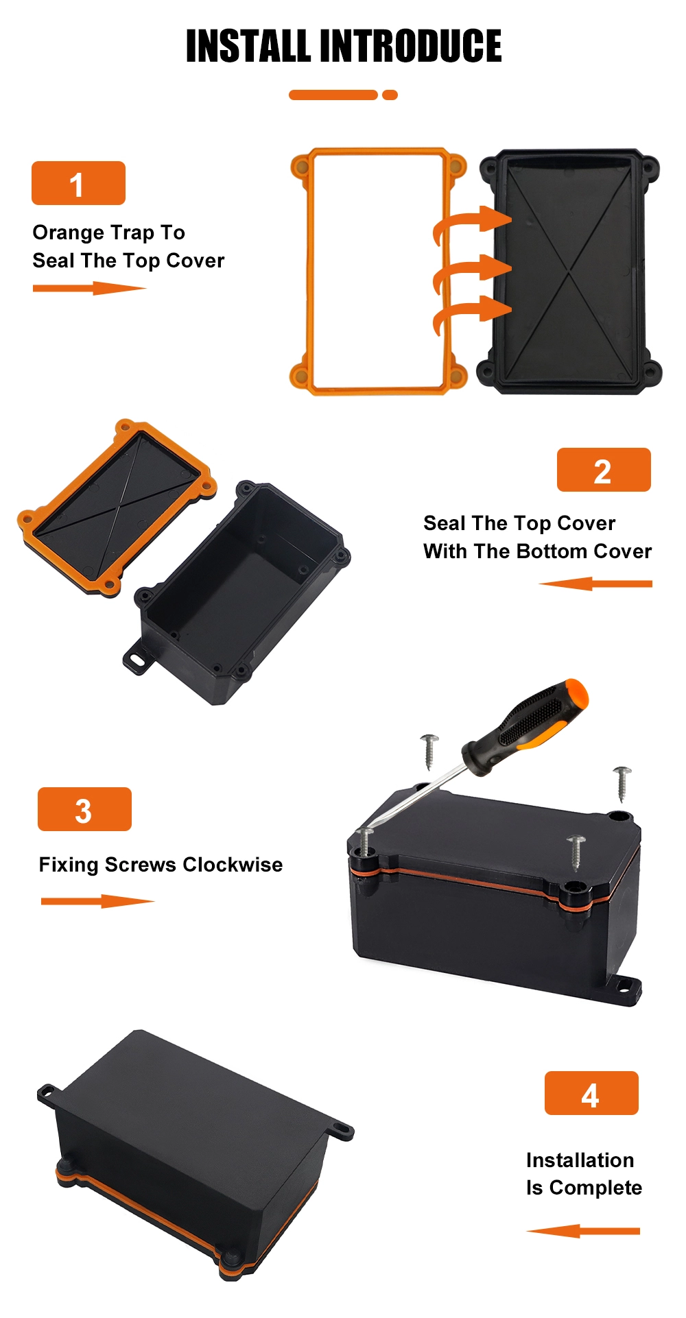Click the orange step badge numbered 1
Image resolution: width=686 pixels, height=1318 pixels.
(x=78, y=183)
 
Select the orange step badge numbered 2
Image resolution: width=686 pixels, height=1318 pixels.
(x=604, y=470)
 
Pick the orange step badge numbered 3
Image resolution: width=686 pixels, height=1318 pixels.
(x=84, y=809)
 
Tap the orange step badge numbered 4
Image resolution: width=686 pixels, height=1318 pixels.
(x=591, y=1093)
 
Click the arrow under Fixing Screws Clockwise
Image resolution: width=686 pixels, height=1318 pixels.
(x=98, y=901)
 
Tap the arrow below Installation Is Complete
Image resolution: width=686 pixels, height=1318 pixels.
(x=583, y=1232)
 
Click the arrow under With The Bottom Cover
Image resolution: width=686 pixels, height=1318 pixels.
(x=595, y=584)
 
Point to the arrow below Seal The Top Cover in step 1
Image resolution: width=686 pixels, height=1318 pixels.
(x=90, y=288)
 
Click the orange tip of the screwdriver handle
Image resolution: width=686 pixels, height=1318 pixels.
(x=575, y=694)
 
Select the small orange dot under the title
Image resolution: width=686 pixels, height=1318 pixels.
(x=390, y=95)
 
